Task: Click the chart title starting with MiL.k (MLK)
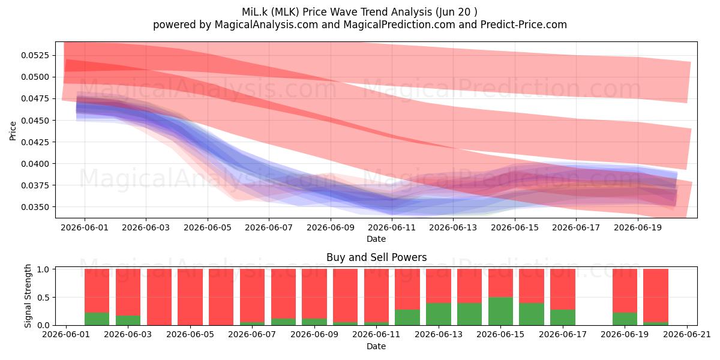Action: click(x=359, y=12)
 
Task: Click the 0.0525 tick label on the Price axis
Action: click(x=35, y=55)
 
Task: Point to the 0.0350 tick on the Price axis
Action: click(x=35, y=207)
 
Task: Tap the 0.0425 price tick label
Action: click(x=35, y=142)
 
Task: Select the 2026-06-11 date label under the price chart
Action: click(x=392, y=227)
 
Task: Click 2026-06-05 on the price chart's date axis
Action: click(x=208, y=227)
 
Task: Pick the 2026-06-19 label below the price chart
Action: click(x=638, y=227)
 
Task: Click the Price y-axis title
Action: click(x=13, y=131)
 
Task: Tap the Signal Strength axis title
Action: click(x=28, y=296)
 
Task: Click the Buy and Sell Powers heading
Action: click(x=376, y=257)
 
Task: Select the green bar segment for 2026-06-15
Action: click(x=500, y=311)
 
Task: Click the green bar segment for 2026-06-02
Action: click(x=97, y=319)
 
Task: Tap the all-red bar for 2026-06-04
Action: click(x=159, y=297)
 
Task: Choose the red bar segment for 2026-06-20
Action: click(x=656, y=295)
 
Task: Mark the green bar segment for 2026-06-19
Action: click(x=625, y=319)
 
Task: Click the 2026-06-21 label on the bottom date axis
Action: click(x=687, y=335)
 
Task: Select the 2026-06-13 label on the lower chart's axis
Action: click(x=439, y=335)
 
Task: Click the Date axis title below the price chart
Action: click(x=376, y=239)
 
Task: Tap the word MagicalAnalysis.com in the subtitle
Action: click(x=266, y=25)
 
